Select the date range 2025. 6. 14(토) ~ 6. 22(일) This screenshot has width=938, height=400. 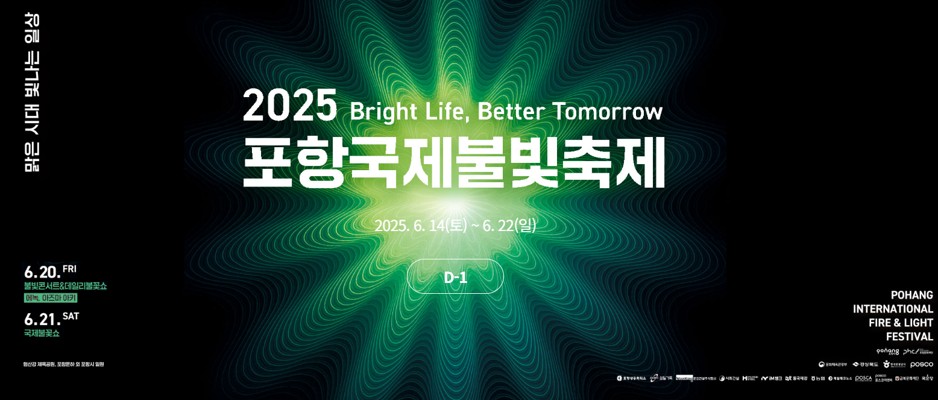[x=455, y=226]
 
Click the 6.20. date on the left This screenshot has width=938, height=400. [x=42, y=273]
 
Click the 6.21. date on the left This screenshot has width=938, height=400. [x=42, y=319]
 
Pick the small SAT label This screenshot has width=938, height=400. [x=71, y=316]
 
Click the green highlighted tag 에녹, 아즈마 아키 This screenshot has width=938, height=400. [x=51, y=298]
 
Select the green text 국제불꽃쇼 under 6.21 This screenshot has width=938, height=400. [x=42, y=333]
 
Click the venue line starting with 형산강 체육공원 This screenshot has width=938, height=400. [x=63, y=364]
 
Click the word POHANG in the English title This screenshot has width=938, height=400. [x=911, y=295]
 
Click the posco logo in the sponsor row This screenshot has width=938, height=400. [x=921, y=364]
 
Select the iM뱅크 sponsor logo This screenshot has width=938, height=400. [x=771, y=378]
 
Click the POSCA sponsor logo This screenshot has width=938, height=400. [x=863, y=378]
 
